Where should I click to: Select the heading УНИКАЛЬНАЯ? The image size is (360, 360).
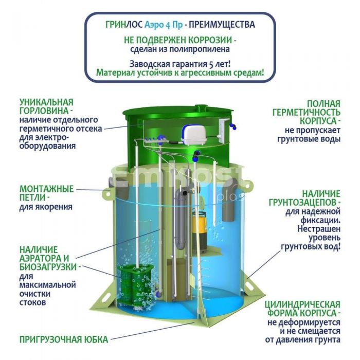(46, 102)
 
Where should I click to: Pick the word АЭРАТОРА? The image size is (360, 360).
(41, 258)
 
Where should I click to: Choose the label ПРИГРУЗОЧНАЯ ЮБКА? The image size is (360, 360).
(64, 339)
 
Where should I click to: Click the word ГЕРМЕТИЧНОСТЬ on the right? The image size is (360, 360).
(307, 113)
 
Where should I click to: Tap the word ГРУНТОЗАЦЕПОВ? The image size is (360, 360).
(303, 202)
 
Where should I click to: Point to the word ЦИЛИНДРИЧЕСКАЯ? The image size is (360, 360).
(302, 304)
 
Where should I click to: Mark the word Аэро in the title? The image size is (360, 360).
(153, 25)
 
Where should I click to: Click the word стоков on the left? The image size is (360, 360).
(32, 302)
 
